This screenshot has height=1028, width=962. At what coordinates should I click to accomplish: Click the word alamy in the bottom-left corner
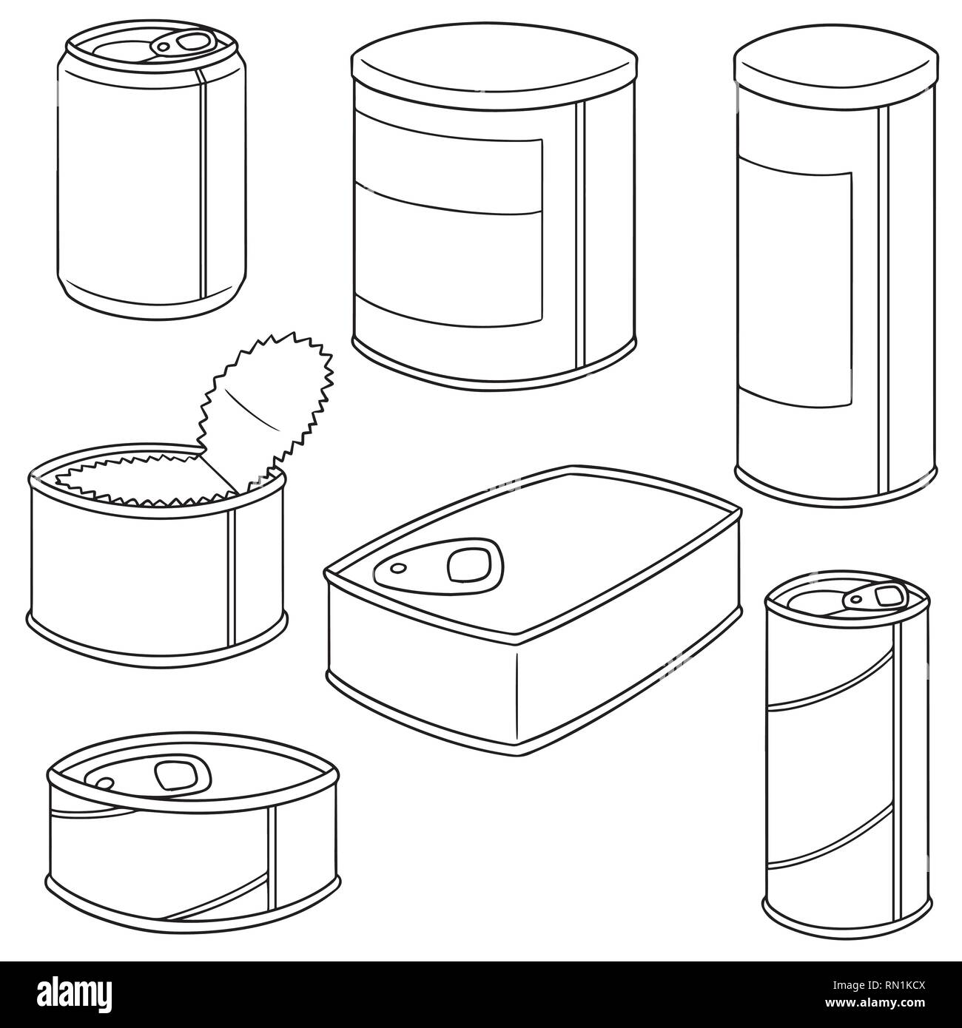click(74, 994)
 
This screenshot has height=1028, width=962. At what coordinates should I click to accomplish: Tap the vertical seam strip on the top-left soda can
click(201, 185)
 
